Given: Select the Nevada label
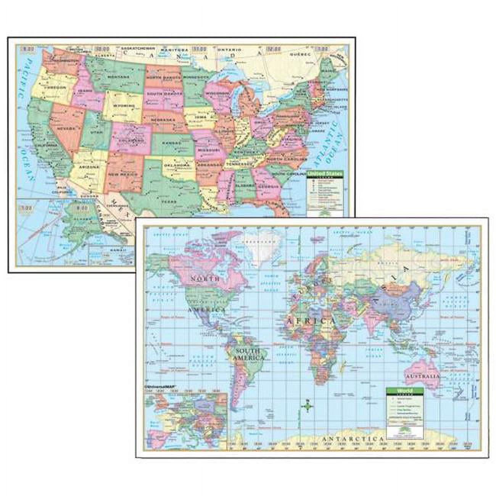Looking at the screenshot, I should click(65, 129).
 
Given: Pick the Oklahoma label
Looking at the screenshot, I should click(177, 165).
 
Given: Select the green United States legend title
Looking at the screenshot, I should click(325, 174).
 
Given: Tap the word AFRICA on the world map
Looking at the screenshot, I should click(311, 321).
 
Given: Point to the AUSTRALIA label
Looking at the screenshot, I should click(422, 376).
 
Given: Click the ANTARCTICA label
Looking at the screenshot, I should click(353, 439).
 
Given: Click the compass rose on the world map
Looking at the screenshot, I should click(308, 407).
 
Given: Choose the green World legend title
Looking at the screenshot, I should click(404, 391).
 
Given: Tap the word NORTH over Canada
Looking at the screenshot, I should click(205, 279).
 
